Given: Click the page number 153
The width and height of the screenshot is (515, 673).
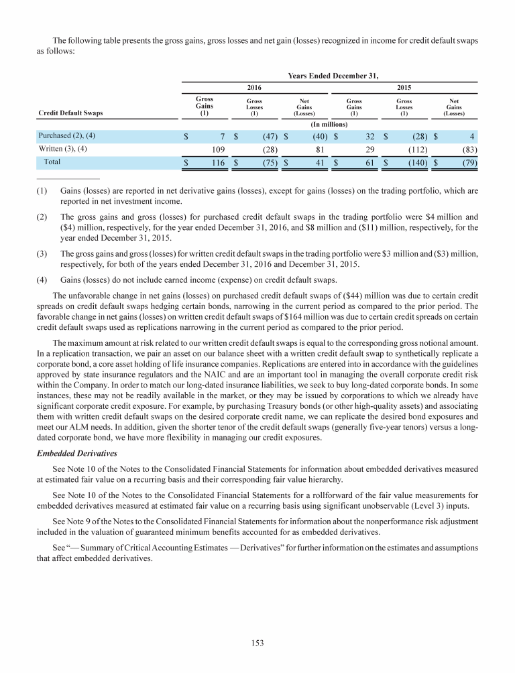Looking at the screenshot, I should click(x=257, y=643).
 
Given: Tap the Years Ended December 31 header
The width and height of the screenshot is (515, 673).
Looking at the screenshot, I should click(x=329, y=76).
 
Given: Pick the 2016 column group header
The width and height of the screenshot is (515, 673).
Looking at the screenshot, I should click(x=254, y=87).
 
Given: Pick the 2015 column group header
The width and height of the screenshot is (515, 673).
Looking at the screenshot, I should click(x=404, y=87).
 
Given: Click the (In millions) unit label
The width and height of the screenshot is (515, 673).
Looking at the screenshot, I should click(x=329, y=125).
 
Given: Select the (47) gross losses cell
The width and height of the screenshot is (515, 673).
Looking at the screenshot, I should click(x=265, y=137).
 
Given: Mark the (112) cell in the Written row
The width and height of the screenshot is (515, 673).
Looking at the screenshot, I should click(x=415, y=149).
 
